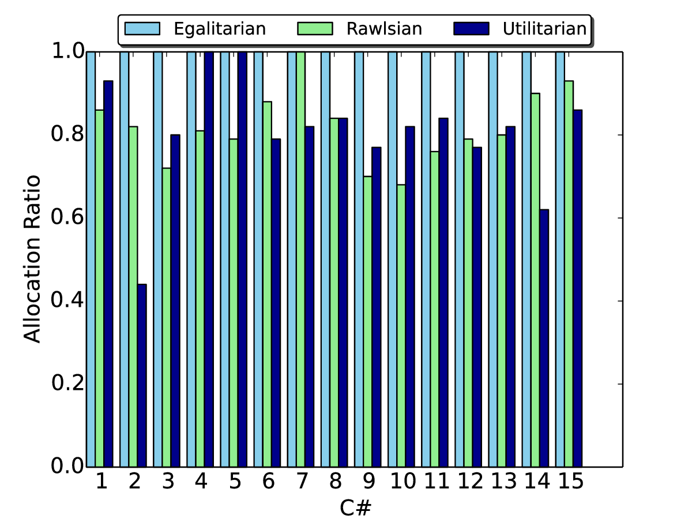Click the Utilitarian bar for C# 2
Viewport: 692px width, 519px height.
tap(142, 375)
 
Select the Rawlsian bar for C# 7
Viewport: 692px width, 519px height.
tap(300, 259)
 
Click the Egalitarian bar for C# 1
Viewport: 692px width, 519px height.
tap(91, 259)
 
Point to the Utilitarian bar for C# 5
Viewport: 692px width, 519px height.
tap(242, 259)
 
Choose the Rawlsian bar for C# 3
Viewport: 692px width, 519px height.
tap(167, 317)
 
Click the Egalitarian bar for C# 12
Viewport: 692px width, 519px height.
tap(460, 259)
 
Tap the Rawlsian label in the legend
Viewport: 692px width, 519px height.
tap(384, 28)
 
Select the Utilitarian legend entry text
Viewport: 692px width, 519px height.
tap(543, 28)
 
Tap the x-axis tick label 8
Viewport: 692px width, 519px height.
tap(334, 482)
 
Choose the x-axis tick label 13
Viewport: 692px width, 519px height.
tap(502, 482)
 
